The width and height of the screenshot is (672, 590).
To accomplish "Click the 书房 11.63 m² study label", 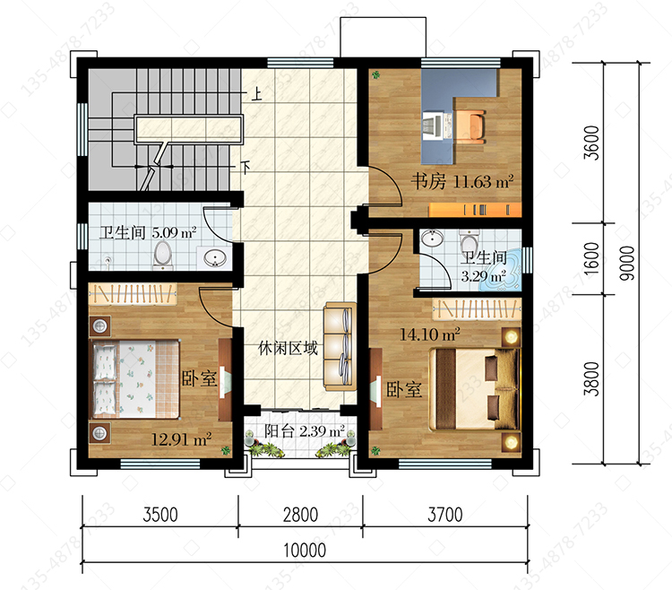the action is [462, 181].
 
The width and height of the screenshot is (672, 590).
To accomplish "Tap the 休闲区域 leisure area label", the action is [288, 348].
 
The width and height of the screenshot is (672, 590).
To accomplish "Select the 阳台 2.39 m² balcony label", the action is [305, 431].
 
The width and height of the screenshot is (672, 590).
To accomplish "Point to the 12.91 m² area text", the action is [181, 439].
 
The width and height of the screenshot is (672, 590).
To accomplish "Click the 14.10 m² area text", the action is [430, 334].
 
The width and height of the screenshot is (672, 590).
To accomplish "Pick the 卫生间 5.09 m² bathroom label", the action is [148, 233].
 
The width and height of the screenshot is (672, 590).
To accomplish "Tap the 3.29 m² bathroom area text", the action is [484, 275].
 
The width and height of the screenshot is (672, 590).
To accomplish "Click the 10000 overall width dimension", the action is [305, 551].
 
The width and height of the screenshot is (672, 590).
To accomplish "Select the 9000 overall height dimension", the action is [627, 264].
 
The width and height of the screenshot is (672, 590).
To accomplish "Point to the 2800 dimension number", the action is [300, 515].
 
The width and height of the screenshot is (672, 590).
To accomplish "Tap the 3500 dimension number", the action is [160, 515].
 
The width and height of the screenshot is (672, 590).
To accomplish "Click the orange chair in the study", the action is [470, 126].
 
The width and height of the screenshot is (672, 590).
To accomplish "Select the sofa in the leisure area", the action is [340, 346].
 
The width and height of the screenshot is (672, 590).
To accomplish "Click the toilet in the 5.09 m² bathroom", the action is [163, 255].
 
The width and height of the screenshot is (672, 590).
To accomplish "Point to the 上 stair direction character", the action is [257, 94].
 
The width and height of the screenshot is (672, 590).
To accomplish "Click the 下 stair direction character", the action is [246, 167].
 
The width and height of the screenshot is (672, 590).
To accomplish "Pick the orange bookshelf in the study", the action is [475, 210].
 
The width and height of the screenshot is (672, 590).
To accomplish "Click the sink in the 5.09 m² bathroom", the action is [214, 258].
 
